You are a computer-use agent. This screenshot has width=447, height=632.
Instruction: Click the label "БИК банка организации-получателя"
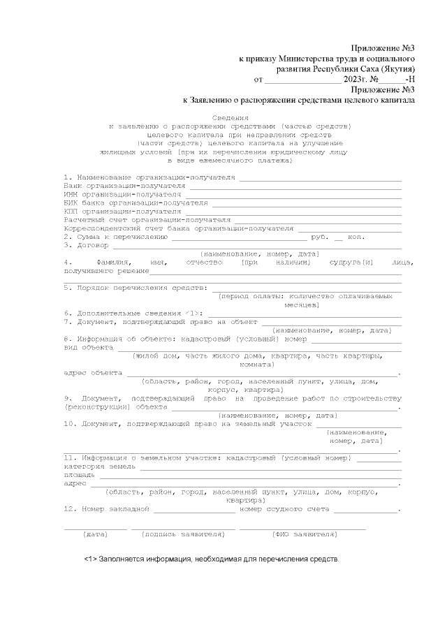(x=135, y=203)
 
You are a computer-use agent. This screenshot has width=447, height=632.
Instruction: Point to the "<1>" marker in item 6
(x=194, y=313)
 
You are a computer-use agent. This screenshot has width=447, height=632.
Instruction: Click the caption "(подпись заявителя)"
(x=183, y=535)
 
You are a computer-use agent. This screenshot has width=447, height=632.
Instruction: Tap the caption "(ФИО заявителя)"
(x=304, y=535)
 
